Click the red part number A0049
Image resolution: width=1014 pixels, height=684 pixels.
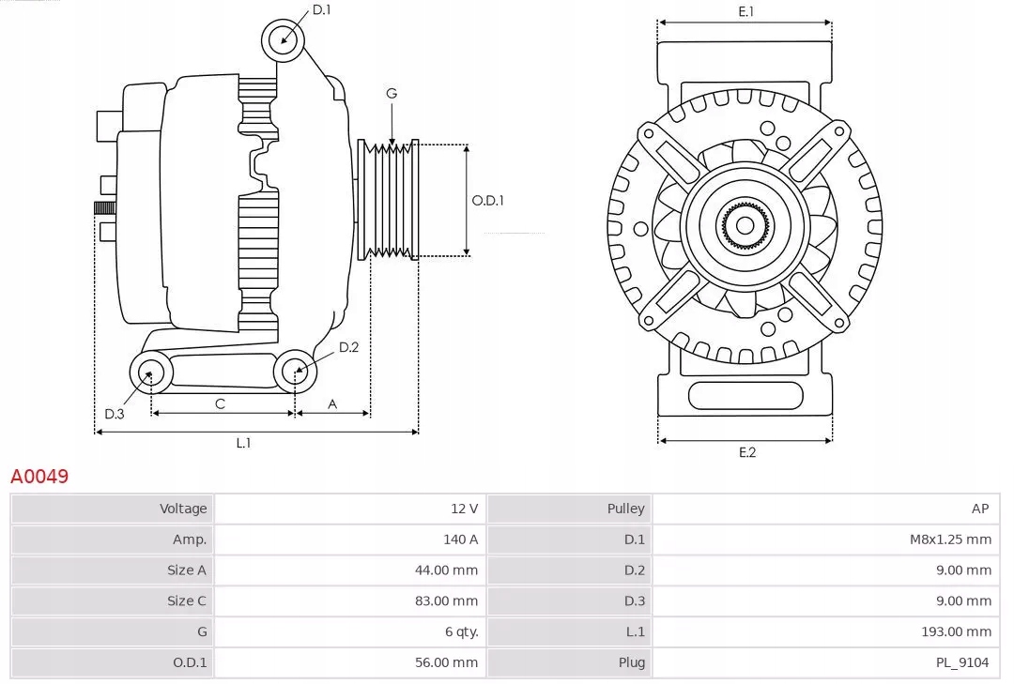pos(39,477)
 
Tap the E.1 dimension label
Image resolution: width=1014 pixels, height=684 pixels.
pos(746,11)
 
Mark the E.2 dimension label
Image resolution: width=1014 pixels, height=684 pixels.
pos(746,452)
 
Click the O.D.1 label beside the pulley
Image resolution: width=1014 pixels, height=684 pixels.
pos(487,200)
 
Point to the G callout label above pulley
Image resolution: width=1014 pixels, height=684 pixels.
pos(392,93)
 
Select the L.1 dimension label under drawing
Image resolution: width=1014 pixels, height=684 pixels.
pos(243,443)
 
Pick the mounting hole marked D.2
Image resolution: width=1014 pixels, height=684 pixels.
pos(296,372)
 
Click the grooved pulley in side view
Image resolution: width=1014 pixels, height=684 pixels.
pos(389,200)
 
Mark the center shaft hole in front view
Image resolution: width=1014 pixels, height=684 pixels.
pos(745,225)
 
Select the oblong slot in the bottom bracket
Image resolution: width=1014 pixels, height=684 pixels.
pos(745,395)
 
